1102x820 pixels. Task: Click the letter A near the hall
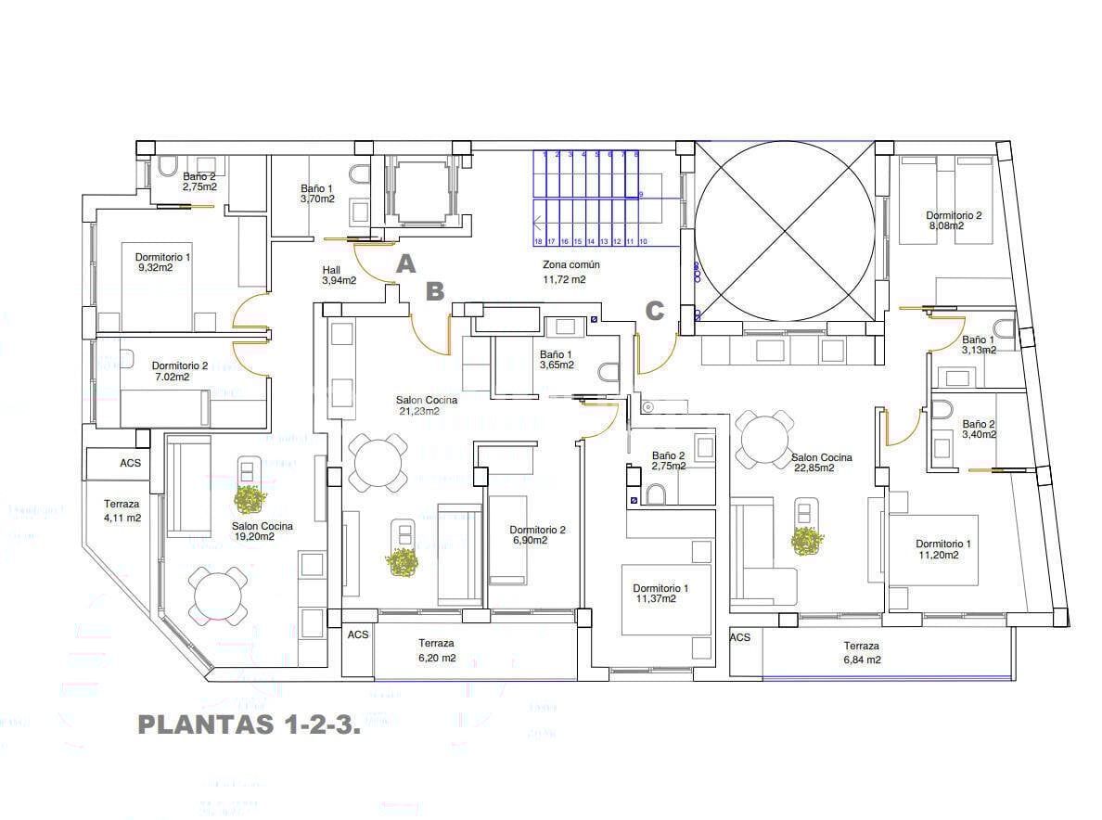(x=404, y=265)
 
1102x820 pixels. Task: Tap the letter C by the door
(x=655, y=312)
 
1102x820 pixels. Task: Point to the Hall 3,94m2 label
(x=339, y=275)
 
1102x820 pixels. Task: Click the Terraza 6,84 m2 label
(x=862, y=652)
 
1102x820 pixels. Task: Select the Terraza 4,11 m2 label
(x=122, y=511)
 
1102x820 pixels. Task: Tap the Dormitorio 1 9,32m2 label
(x=162, y=262)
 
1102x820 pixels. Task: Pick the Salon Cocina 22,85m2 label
(x=821, y=462)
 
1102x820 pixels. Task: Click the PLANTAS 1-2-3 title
(x=248, y=725)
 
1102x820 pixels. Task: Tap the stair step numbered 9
(x=640, y=194)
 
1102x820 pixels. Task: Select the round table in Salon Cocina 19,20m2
(x=218, y=596)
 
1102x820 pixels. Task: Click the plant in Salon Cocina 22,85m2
(x=807, y=542)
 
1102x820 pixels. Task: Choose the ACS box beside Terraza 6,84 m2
(x=740, y=638)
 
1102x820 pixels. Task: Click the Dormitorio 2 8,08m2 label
(x=954, y=220)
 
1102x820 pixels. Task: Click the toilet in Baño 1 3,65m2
(x=609, y=372)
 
